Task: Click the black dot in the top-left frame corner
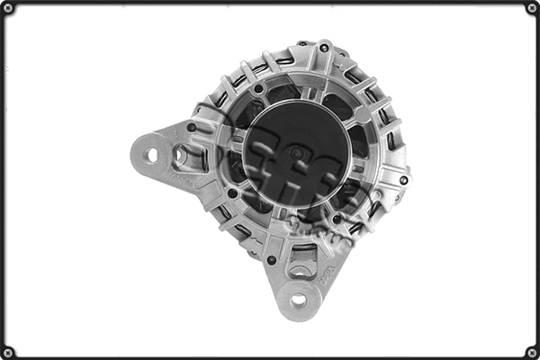coord(8,8)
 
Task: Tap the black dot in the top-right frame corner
coord(532,8)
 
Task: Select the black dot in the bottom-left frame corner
coord(8,352)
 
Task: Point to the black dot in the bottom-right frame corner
coord(532,352)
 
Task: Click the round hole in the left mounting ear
coord(151,155)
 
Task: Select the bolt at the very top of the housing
coord(324,47)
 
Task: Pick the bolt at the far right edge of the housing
coord(403,180)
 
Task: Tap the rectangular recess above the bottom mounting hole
coord(301,268)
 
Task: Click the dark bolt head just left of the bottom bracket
coord(272,260)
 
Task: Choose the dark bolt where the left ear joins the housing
coord(192,128)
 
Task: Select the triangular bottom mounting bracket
coord(301,283)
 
